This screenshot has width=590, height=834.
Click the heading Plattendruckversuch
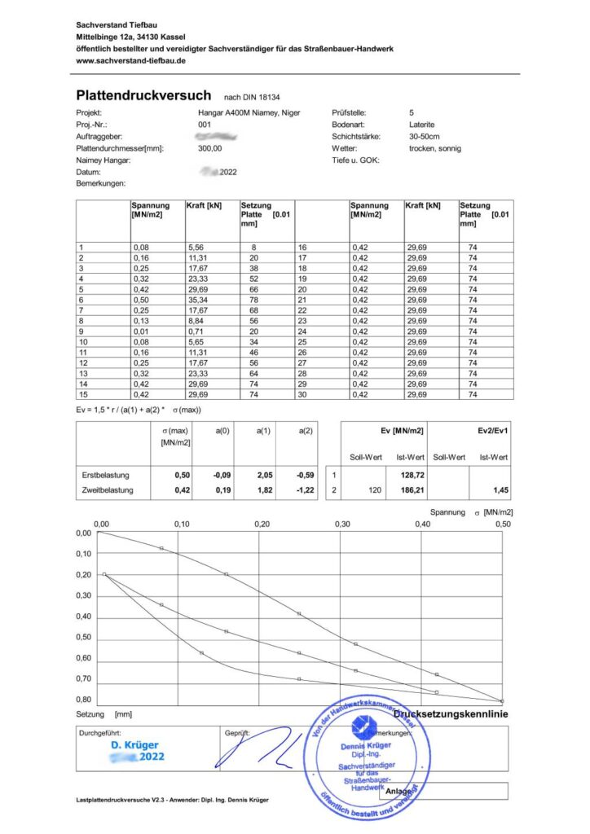[x=143, y=95]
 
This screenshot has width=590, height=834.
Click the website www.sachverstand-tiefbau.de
[x=131, y=60]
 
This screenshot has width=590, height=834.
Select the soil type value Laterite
[x=423, y=125]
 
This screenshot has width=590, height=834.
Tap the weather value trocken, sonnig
[x=435, y=149]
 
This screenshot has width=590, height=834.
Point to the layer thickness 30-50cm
[x=425, y=137]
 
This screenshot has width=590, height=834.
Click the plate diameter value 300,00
[x=210, y=149]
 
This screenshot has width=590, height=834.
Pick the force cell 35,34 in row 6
[x=199, y=298]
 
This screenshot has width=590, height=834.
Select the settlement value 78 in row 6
[x=253, y=298]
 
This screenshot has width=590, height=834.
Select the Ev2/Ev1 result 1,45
[x=499, y=492]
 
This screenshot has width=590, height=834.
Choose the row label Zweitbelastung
[x=106, y=492]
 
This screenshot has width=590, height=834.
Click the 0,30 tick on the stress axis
[x=341, y=524]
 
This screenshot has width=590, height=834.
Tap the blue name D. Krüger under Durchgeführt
[x=135, y=744]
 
